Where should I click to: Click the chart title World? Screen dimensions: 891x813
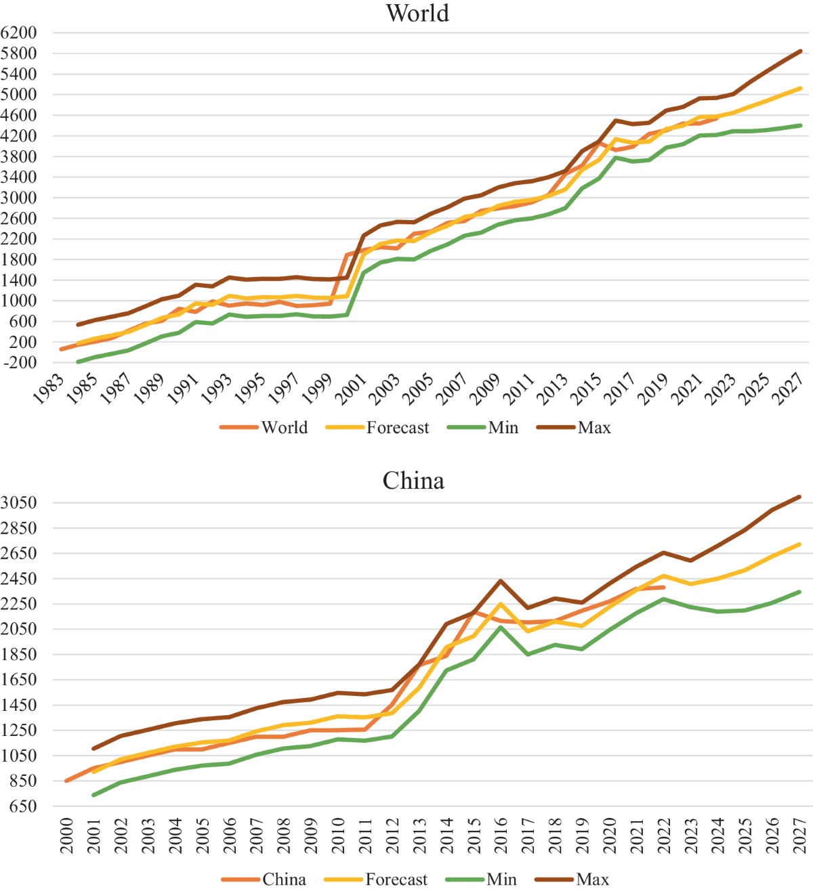[x=417, y=14]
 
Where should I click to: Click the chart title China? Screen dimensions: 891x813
[x=413, y=481]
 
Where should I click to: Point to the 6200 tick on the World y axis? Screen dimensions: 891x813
[x=19, y=32]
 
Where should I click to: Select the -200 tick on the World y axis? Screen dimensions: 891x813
[x=19, y=363]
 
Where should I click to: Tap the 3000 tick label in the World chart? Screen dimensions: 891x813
[x=19, y=198]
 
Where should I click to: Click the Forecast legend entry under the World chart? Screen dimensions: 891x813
[x=397, y=428]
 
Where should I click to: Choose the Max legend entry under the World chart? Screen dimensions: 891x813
[x=593, y=428]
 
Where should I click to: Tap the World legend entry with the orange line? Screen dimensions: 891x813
[x=285, y=428]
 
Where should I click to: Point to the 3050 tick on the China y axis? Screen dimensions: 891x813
[x=19, y=502]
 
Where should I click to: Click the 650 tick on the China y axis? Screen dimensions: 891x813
[x=19, y=806]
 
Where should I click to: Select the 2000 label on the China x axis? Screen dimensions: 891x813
[x=67, y=835]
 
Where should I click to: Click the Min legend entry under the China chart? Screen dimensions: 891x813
[x=501, y=879]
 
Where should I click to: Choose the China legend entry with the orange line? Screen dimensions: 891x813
[x=284, y=879]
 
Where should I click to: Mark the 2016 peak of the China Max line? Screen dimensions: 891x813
[x=501, y=581]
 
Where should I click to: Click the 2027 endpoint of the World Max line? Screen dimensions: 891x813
[x=801, y=51]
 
